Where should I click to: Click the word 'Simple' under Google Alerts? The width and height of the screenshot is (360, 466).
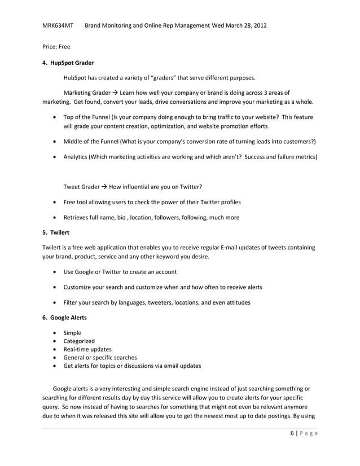73,333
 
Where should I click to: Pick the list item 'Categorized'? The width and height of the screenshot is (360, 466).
79,341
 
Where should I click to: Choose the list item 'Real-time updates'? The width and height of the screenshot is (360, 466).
87,349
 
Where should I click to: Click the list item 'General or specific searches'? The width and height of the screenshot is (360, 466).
100,357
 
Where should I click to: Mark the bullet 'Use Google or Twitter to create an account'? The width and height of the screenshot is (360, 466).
120,272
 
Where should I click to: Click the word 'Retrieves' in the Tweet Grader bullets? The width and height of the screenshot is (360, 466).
78,217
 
